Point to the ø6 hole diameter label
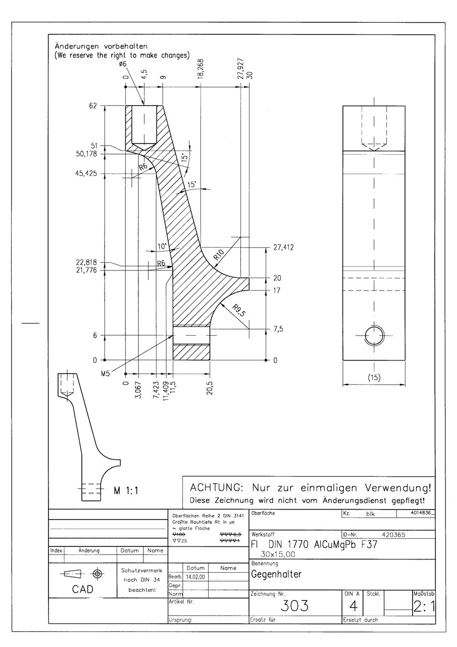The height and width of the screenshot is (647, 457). [x=123, y=64]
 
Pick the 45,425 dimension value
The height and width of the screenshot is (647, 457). [x=86, y=173]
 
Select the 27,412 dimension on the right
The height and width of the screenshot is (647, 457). [x=283, y=248]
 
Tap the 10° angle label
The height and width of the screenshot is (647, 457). [x=162, y=247]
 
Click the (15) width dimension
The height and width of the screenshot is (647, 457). [x=374, y=377]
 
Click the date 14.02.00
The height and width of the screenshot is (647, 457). [x=195, y=576]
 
